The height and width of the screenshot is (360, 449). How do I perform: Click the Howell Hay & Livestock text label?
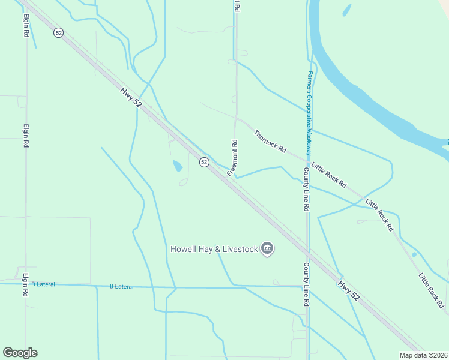point(214,249)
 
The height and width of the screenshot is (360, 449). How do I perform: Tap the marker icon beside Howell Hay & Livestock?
point(268,248)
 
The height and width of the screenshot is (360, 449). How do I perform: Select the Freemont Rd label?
point(233,157)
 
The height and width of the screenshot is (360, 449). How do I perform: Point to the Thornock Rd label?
point(270,142)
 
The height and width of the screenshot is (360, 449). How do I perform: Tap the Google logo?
point(20,353)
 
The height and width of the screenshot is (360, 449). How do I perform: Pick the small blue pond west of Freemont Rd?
point(178,166)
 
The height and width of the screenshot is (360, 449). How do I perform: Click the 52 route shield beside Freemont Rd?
point(204,162)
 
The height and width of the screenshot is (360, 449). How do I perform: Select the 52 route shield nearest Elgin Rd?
point(58,33)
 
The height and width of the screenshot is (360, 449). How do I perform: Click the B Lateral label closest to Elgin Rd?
point(43,284)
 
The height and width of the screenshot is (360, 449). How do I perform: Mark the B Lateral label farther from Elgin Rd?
point(122,287)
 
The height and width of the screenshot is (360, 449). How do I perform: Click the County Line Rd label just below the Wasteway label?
point(306,189)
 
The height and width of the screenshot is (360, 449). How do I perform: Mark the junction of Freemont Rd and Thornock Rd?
point(237,118)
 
